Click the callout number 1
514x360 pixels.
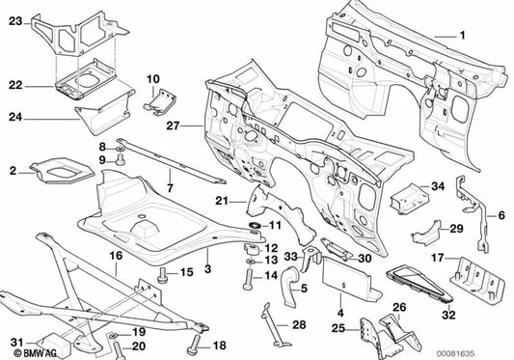[x=462, y=36]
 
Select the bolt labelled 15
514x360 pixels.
[x=162, y=273]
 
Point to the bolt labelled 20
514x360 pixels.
[x=113, y=342]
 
